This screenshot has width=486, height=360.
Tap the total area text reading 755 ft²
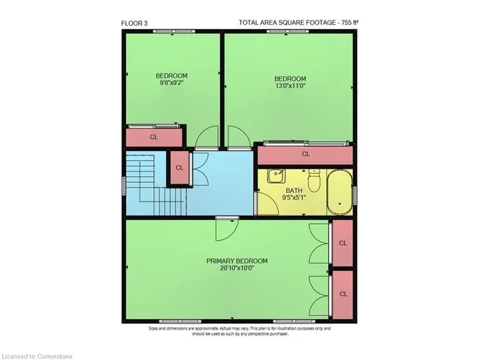pos(297,22)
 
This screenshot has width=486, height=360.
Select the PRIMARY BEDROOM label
pos(237,261)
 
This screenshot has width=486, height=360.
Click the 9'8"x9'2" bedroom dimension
pos(172,84)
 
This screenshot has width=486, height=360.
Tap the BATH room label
pos(295,191)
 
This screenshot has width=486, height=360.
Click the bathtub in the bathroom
pos(339,193)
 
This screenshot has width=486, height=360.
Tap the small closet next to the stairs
pos(180,168)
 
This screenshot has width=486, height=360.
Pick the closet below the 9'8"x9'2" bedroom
pos(153,137)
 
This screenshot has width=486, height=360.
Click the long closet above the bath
pos(305,154)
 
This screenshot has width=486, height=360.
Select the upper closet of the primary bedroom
pos(342,243)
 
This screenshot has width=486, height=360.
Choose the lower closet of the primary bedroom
pos(342,294)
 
